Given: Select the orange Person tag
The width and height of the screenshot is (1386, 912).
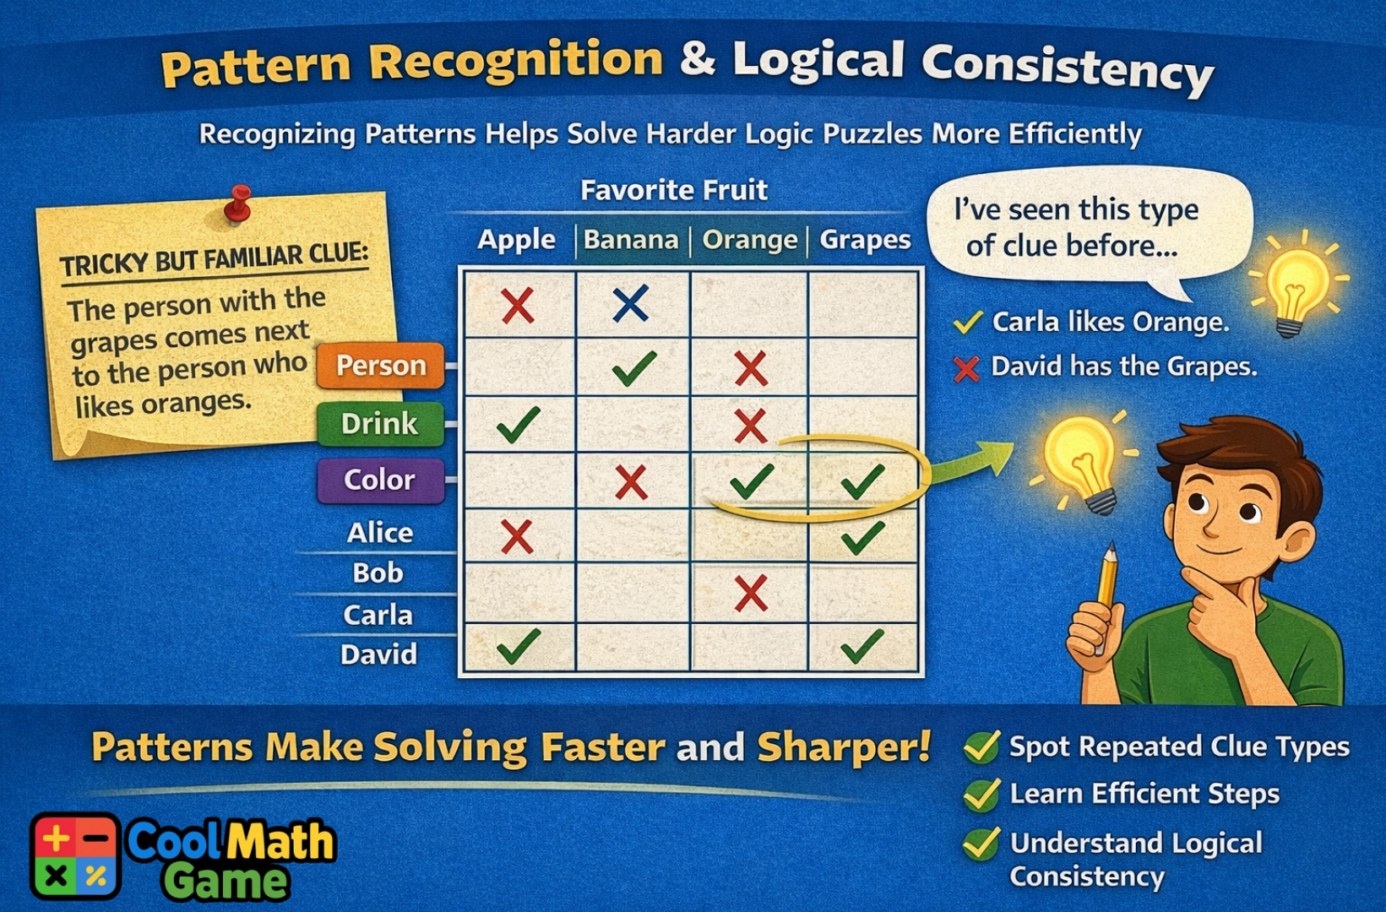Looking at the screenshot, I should [x=380, y=366].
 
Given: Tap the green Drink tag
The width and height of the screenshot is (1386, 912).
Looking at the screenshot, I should [x=380, y=423].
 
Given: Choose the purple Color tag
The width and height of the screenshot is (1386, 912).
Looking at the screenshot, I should [x=380, y=480].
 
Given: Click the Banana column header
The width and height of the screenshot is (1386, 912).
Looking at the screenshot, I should [x=631, y=240].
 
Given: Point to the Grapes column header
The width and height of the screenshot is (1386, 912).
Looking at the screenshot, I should [x=865, y=240].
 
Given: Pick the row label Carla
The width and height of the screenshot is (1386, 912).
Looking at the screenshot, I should [x=378, y=615].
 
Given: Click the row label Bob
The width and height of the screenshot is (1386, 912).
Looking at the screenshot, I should [x=378, y=573].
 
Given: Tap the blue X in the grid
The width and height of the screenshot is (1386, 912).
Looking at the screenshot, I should [x=631, y=304].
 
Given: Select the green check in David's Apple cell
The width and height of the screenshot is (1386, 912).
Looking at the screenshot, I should [x=518, y=646].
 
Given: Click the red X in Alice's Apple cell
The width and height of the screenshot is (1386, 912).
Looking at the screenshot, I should [x=517, y=536].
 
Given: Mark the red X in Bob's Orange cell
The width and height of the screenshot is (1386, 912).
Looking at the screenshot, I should [x=750, y=593].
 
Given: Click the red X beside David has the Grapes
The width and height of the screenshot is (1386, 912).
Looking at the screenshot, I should [x=966, y=369].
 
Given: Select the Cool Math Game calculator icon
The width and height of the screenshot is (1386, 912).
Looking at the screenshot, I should [x=75, y=855].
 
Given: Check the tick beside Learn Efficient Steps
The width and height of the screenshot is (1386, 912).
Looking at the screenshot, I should [x=981, y=795].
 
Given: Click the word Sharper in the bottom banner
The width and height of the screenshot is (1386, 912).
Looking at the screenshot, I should [x=843, y=747].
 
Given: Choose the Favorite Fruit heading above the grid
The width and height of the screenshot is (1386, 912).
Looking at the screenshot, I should [x=673, y=190].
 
